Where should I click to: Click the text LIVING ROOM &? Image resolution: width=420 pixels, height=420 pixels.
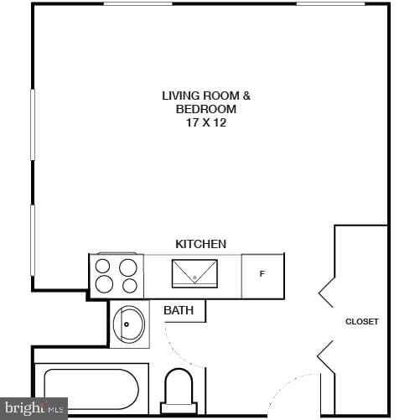click(206, 96)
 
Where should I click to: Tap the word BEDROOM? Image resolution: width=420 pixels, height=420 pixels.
click(206, 109)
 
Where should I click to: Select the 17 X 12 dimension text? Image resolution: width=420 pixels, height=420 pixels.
click(206, 122)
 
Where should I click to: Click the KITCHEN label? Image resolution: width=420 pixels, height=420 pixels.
click(200, 244)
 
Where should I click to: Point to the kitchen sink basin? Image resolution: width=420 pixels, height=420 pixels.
click(194, 273)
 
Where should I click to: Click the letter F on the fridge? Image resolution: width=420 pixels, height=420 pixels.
click(262, 274)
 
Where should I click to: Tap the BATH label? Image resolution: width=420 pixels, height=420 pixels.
click(179, 310)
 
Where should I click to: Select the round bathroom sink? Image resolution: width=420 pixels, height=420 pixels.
click(129, 324)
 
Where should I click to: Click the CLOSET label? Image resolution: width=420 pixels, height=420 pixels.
click(362, 321)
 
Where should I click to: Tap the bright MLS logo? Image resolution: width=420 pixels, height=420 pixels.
click(34, 408)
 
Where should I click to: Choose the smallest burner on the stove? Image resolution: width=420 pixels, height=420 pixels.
click(129, 286)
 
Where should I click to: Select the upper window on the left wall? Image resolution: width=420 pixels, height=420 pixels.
click(34, 124)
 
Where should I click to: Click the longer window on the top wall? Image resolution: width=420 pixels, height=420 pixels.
click(198, 3)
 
